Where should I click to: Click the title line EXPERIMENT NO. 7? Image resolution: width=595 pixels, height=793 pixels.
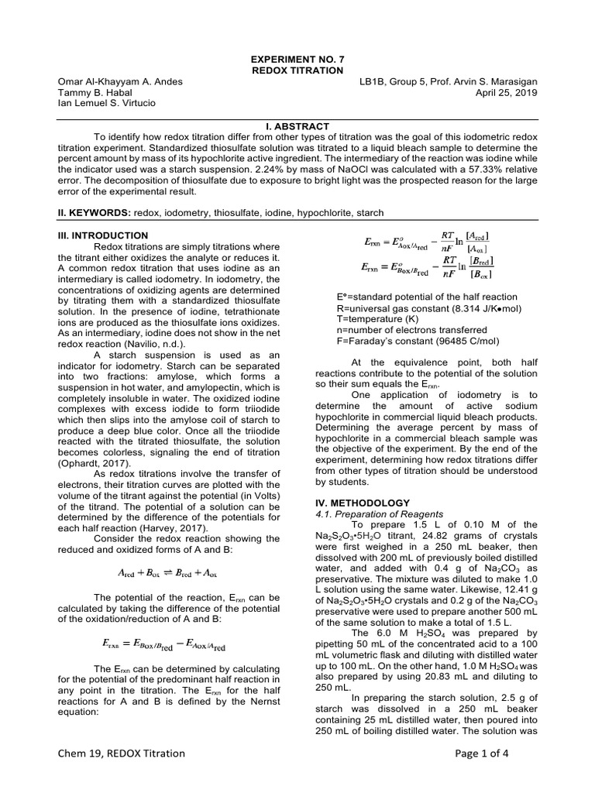[x=297, y=59]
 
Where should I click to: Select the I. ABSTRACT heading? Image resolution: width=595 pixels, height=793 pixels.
[x=297, y=126]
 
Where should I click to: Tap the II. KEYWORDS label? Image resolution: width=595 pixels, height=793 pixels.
[x=94, y=212]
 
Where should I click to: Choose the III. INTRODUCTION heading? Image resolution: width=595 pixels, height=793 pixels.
[x=104, y=235]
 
